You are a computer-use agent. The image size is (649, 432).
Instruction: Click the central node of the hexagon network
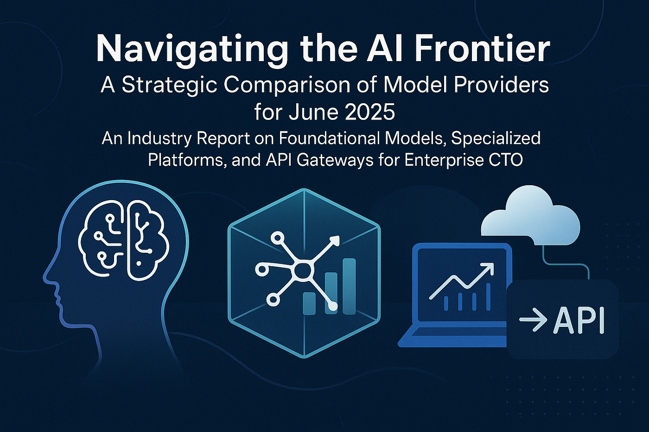(x=303, y=269)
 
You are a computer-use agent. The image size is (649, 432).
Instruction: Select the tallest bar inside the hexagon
(x=349, y=286)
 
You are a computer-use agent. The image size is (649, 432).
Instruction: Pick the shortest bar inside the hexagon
(x=309, y=303)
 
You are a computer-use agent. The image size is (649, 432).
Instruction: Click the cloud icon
(x=530, y=217)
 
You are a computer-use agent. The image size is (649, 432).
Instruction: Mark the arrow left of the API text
(x=533, y=320)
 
